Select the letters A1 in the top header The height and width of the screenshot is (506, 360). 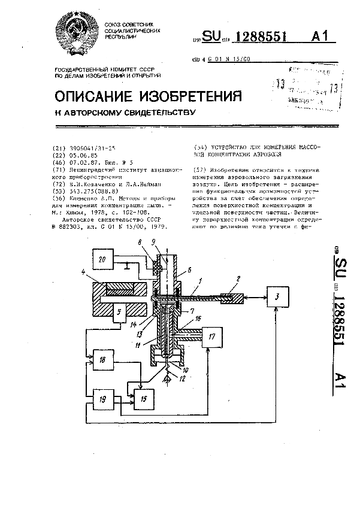point(320,37)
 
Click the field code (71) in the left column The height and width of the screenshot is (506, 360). point(60,169)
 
